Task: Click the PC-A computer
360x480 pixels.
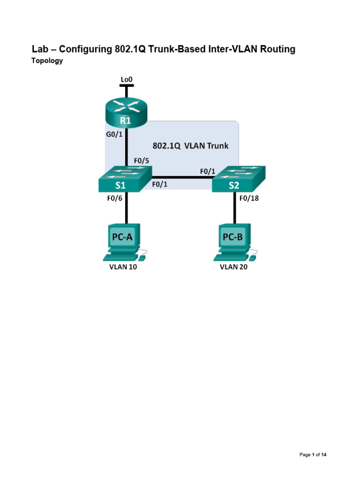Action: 123,242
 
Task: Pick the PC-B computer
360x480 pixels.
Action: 233,242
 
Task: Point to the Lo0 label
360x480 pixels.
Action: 126,80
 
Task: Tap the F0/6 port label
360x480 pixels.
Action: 114,198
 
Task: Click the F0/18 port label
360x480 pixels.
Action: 249,198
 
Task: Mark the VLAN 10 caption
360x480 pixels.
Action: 123,269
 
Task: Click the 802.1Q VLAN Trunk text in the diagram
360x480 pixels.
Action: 190,145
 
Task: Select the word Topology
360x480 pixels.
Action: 47,61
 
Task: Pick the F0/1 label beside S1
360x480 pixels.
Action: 160,185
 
